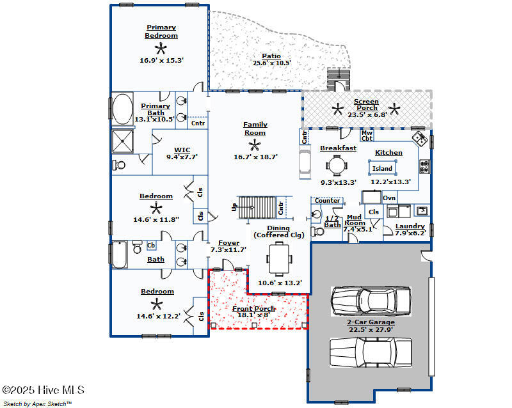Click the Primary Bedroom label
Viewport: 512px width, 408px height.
tap(161, 31)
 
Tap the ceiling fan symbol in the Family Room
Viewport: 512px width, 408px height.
tap(255, 145)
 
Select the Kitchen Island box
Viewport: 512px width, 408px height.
tap(382, 168)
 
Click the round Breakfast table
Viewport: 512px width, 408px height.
tap(337, 166)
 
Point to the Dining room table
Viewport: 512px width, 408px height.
tap(279, 259)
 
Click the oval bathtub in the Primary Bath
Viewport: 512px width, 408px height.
tap(122, 109)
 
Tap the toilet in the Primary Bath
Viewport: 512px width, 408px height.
tap(119, 165)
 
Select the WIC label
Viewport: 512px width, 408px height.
tap(182, 150)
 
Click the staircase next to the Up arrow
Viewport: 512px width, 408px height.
tap(257, 207)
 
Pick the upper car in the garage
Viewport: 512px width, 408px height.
tap(371, 301)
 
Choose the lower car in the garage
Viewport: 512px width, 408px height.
tap(371, 352)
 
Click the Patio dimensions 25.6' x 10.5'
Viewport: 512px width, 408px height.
tap(271, 63)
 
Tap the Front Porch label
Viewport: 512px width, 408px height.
tap(253, 308)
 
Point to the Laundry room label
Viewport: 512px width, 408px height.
tap(410, 226)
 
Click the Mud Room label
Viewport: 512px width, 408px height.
tap(355, 220)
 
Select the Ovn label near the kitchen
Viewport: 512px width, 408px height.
tap(389, 198)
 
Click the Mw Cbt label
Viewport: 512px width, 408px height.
tap(367, 136)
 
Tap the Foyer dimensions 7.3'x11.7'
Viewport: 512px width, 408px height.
tap(228, 249)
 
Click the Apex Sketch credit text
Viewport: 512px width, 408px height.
tap(37, 404)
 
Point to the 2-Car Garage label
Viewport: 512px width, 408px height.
tap(371, 322)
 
